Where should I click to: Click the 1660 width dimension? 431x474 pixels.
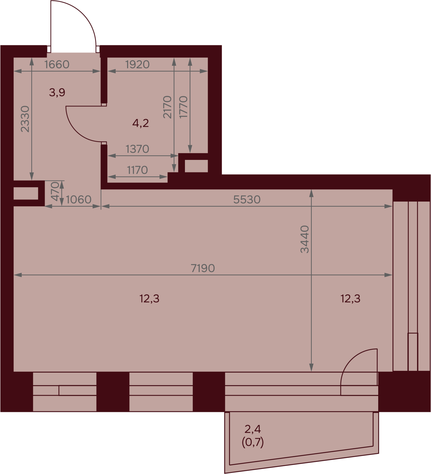point(57,65)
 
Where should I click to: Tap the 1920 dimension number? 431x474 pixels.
point(137,65)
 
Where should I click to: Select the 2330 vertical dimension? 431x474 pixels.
point(25,119)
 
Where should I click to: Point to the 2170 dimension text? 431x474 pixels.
point(167,107)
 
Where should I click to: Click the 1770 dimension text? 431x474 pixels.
point(183,107)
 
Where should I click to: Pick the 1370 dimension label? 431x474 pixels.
point(137,149)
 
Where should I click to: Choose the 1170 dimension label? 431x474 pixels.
point(137,170)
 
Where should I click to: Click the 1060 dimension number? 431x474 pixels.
point(79,200)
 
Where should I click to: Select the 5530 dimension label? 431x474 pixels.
point(247,200)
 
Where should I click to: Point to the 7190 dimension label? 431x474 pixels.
point(203,268)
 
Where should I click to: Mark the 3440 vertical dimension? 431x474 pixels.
point(305,239)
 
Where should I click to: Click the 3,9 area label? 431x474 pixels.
point(57,92)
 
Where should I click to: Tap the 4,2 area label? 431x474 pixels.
point(140,123)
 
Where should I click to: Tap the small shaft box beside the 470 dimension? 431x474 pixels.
point(26,193)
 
